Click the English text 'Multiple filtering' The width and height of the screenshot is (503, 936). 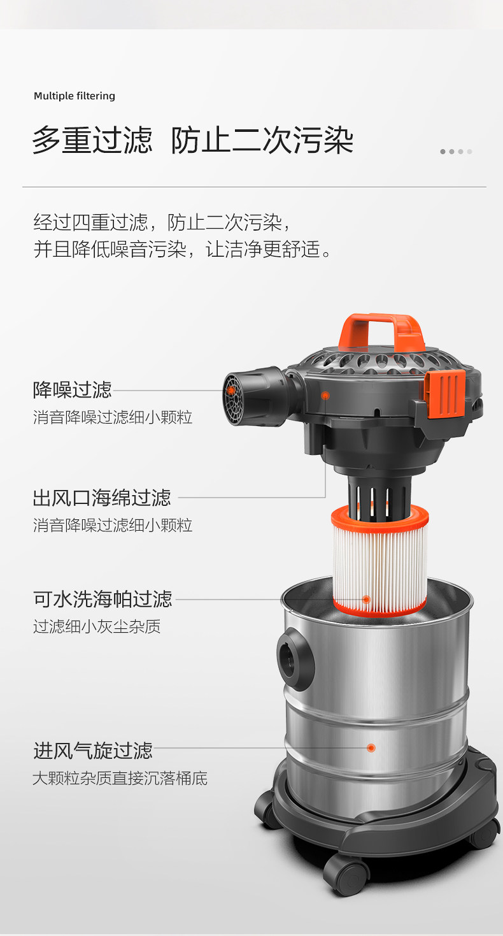[x=74, y=96]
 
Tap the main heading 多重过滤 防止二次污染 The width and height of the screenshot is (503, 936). [x=193, y=140]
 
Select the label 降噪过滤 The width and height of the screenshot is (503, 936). [x=73, y=390]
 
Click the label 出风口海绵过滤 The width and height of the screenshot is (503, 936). [x=102, y=498]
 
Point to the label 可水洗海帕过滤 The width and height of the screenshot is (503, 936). [x=103, y=599]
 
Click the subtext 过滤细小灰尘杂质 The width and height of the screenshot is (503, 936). [x=97, y=626]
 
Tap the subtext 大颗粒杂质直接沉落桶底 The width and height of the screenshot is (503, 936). [x=120, y=778]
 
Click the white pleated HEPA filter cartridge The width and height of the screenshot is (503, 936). [x=379, y=560]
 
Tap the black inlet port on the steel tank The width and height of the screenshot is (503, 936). [x=295, y=659]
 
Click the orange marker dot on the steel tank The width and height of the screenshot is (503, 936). [x=371, y=747]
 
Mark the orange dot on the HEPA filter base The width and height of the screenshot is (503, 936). [x=367, y=600]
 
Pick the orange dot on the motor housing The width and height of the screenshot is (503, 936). [x=325, y=395]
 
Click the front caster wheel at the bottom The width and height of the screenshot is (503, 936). [x=346, y=875]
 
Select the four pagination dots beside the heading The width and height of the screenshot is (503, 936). [x=457, y=152]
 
